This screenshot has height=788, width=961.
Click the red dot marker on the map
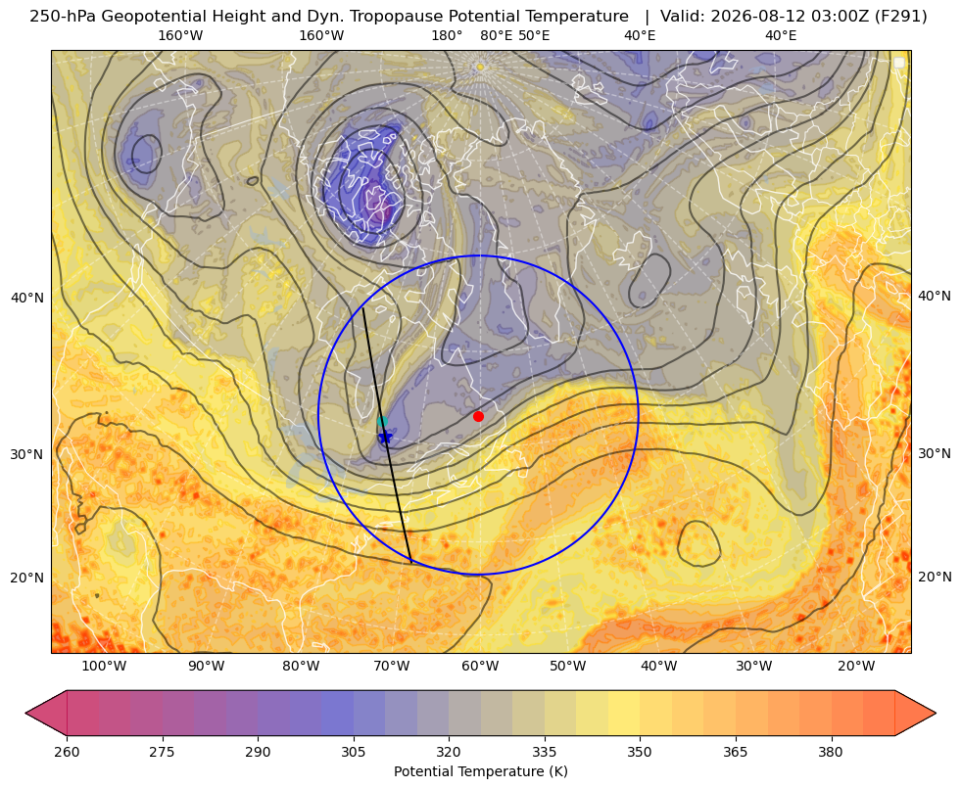click(x=479, y=416)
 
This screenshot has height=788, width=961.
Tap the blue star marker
click(x=386, y=437)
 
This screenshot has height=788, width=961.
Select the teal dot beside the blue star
click(x=382, y=421)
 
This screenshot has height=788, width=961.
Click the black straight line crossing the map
click(x=387, y=436)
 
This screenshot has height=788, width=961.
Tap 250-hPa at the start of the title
click(x=62, y=17)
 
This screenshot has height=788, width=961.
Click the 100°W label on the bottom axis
click(x=104, y=667)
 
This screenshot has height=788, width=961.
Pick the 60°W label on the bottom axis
click(x=480, y=667)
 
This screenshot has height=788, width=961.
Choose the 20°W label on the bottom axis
click(x=856, y=667)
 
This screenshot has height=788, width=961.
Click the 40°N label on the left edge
click(x=27, y=298)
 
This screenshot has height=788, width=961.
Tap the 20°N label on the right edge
click(x=935, y=577)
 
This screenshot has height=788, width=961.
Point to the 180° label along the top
click(x=447, y=35)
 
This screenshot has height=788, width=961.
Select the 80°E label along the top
click(x=497, y=35)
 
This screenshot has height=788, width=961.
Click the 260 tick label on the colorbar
click(x=67, y=752)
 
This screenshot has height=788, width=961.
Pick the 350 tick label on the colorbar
click(x=640, y=752)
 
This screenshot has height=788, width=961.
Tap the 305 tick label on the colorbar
click(x=353, y=752)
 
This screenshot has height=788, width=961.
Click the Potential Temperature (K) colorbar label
click(x=480, y=771)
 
